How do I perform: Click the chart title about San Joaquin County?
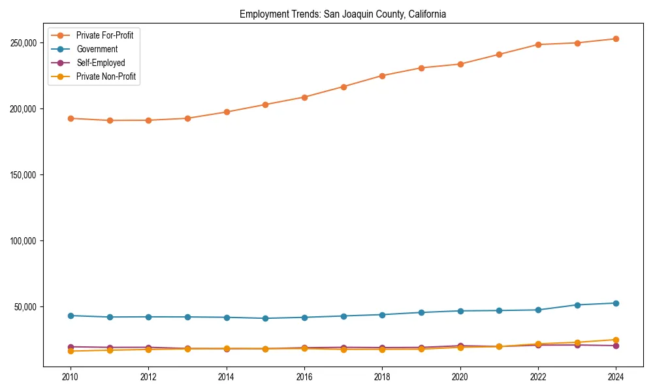[x=343, y=14]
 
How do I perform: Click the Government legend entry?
[x=97, y=49]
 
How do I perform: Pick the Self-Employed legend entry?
[x=101, y=63]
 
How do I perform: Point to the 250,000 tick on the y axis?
[x=23, y=43]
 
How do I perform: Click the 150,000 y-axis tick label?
[x=23, y=175]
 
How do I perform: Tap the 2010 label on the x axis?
[x=71, y=377]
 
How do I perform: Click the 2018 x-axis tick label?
[x=383, y=377]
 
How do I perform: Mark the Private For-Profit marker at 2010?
[x=71, y=118]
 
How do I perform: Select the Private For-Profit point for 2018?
[x=383, y=76]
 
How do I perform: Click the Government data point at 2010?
[x=71, y=316]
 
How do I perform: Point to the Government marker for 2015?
[x=266, y=318]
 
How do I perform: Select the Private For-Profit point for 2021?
[x=500, y=54]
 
